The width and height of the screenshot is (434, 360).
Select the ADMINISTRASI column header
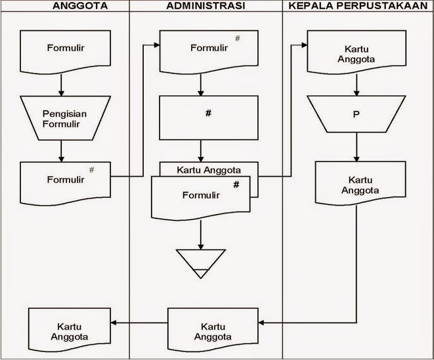click(x=206, y=7)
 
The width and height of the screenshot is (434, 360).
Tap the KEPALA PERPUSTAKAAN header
click(x=358, y=7)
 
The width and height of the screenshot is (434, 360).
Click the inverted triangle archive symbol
click(x=200, y=261)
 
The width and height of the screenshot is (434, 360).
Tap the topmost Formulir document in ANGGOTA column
click(x=61, y=50)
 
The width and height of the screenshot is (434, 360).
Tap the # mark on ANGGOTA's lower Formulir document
click(x=92, y=170)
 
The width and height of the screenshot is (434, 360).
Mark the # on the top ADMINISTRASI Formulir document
click(x=237, y=39)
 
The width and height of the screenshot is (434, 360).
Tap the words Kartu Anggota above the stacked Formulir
click(x=209, y=169)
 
